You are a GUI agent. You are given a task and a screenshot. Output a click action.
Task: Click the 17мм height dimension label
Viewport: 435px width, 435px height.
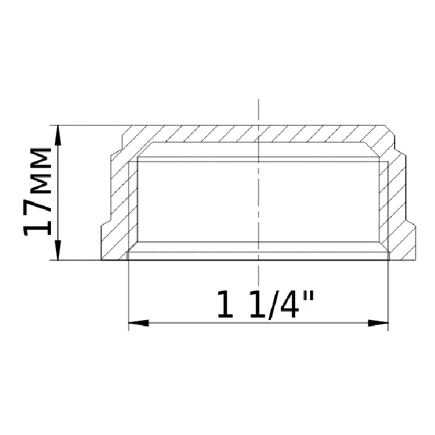[x=38, y=191]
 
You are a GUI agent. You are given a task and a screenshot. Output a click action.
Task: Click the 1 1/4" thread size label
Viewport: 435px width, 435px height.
[x=265, y=304]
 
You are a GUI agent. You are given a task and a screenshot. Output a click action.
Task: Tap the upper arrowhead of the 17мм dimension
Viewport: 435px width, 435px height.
[x=58, y=135]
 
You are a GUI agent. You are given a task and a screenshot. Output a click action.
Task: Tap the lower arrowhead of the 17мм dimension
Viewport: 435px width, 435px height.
[x=58, y=250]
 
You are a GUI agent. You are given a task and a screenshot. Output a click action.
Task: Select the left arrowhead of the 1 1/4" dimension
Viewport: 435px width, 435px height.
[x=139, y=323]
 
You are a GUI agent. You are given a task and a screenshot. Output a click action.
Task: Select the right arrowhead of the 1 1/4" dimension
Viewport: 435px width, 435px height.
[x=378, y=323]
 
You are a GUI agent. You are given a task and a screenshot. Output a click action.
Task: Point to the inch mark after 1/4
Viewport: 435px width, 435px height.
[x=308, y=296]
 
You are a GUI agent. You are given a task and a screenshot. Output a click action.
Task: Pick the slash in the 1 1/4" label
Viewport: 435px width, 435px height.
[x=272, y=305]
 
